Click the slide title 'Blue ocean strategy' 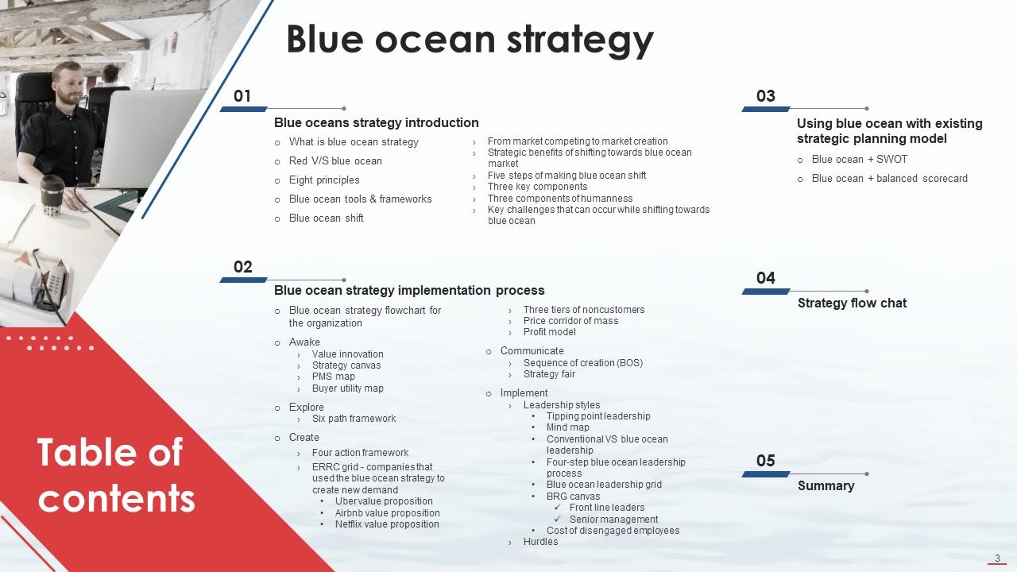tap(470, 39)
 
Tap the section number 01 tap(242, 96)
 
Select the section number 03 tap(765, 96)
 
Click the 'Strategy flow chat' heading tap(852, 303)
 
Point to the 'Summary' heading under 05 tap(826, 485)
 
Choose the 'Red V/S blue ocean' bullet tap(334, 161)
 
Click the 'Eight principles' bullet tap(323, 180)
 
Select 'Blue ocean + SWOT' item tap(859, 160)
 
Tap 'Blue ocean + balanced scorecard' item tap(889, 179)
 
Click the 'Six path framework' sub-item tap(354, 419)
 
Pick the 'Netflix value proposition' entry tap(386, 524)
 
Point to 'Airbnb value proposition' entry tap(387, 513)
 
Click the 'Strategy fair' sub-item tap(549, 374)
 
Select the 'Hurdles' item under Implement tap(540, 542)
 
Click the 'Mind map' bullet tap(567, 427)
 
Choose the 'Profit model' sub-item tap(549, 332)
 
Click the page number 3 tap(996, 558)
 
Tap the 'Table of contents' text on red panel tap(116, 475)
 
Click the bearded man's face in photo tap(68, 85)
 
